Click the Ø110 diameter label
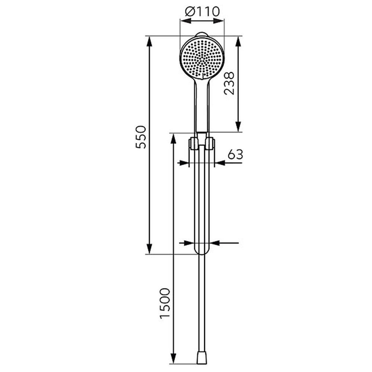pos(202,12)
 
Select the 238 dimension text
pos(229,83)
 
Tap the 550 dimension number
pos(141,137)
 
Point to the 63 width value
pos(235,154)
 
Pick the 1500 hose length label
pos(166,303)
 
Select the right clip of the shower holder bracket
pos(210,144)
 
